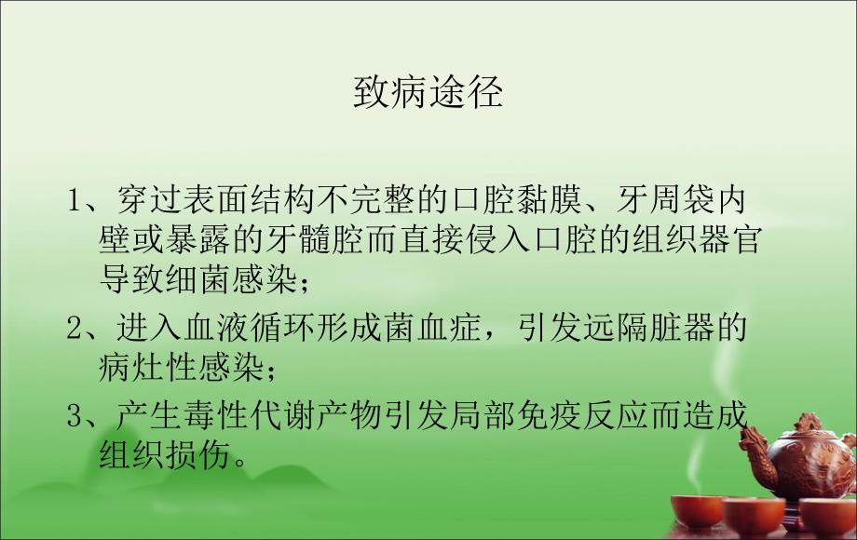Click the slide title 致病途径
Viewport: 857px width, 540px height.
pyautogui.click(x=428, y=94)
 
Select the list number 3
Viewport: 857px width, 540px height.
pyautogui.click(x=75, y=415)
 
